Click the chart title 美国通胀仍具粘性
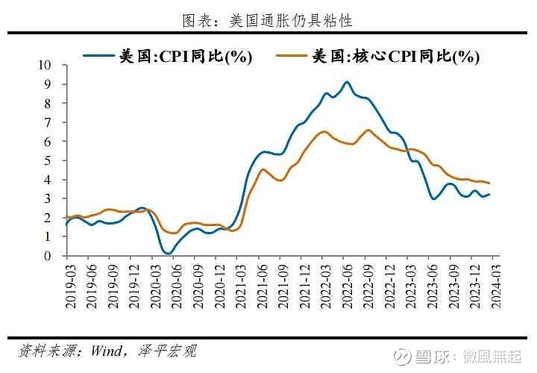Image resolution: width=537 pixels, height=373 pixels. tap(268, 21)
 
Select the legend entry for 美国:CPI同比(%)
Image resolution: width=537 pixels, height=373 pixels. tap(168, 56)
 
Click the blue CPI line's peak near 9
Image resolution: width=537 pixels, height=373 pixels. tap(347, 82)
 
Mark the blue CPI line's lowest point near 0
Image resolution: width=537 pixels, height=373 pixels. tap(168, 254)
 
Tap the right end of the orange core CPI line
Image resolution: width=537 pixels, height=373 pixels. tap(489, 183)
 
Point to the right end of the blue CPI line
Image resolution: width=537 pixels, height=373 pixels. tap(489, 194)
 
